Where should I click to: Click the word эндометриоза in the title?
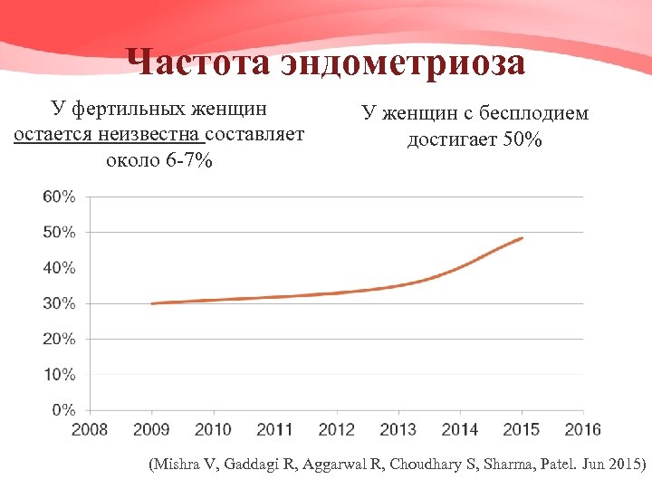coord(403,63)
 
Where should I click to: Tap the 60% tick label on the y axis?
coord(59,197)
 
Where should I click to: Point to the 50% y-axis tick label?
coord(59,232)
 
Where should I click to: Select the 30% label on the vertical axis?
coord(59,303)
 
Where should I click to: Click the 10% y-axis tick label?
coord(59,374)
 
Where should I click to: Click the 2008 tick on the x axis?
coord(90,428)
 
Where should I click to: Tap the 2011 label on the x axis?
coord(275,428)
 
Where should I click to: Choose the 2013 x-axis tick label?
coord(399,428)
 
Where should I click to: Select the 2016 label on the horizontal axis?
coord(583,428)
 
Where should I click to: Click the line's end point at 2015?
coord(523,238)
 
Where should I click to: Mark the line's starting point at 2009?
coord(152,303)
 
